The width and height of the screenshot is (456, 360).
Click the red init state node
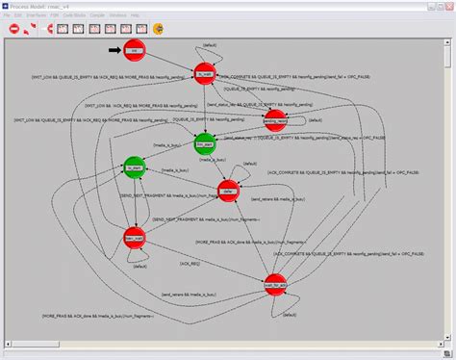136,49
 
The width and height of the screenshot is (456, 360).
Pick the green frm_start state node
204,143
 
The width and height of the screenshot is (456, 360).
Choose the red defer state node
227,190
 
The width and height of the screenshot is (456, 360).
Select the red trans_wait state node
135,237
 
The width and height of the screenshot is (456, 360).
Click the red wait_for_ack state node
276,284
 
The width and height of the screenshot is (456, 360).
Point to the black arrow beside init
114,49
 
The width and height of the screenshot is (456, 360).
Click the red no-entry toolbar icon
14,29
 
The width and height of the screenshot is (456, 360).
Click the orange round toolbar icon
31,29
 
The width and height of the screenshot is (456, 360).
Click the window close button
447,5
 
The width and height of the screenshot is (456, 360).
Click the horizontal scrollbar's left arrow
5,353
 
